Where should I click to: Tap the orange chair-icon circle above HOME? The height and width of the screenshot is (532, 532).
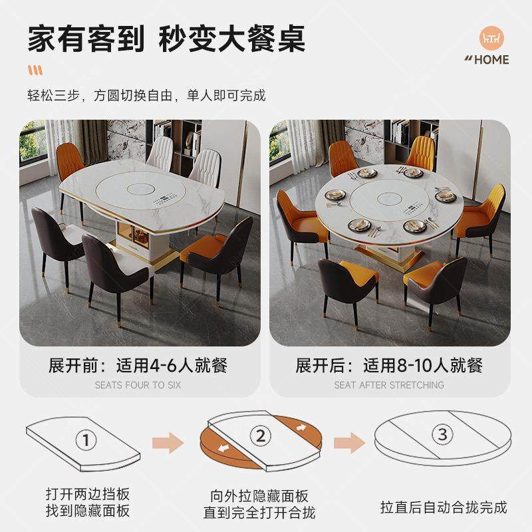click(x=493, y=39)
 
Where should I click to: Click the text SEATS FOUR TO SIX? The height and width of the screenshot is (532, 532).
click(x=138, y=385)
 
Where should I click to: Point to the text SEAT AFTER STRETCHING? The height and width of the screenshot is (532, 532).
click(x=389, y=385)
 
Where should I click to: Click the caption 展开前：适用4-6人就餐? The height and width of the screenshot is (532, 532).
click(x=138, y=365)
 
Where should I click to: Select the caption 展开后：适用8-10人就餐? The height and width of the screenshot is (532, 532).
click(x=389, y=365)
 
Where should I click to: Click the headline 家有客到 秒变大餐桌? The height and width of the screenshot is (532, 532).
click(x=166, y=39)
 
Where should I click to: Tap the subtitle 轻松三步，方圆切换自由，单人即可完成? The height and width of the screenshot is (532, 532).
click(x=146, y=96)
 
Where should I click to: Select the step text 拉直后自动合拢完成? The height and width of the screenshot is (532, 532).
click(x=444, y=508)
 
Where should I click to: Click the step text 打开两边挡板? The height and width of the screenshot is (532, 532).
click(x=88, y=494)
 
